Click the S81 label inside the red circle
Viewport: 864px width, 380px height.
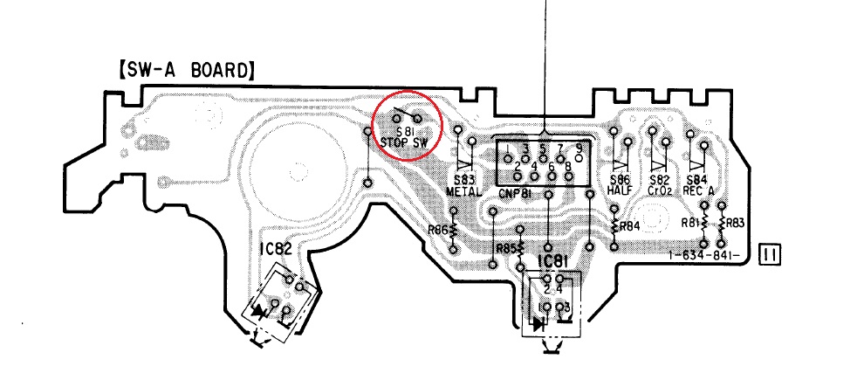pyautogui.click(x=405, y=131)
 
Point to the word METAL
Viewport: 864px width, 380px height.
pyautogui.click(x=463, y=190)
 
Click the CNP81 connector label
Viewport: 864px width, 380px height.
pyautogui.click(x=518, y=191)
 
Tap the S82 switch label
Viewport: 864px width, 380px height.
pyautogui.click(x=659, y=179)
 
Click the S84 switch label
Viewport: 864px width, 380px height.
pyautogui.click(x=698, y=179)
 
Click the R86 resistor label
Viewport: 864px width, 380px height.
pyautogui.click(x=438, y=231)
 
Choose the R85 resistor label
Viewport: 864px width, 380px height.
pyautogui.click(x=506, y=249)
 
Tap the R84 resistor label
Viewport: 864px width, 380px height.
pyautogui.click(x=628, y=227)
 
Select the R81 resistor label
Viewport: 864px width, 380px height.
pyautogui.click(x=691, y=222)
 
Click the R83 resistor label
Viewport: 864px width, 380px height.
pyautogui.click(x=735, y=222)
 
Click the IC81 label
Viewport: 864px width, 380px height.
pyautogui.click(x=552, y=262)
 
